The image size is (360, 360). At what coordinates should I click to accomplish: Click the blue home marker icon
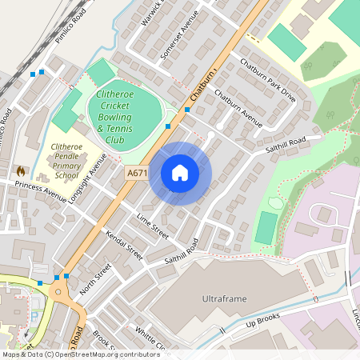pyautogui.click(x=180, y=173)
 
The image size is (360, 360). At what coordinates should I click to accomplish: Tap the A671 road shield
pyautogui.click(x=136, y=172)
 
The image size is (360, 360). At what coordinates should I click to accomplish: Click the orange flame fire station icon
pyautogui.click(x=21, y=170)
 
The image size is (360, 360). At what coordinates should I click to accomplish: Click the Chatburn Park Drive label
pyautogui.click(x=267, y=81)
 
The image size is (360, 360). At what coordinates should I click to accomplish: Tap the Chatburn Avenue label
pyautogui.click(x=238, y=108)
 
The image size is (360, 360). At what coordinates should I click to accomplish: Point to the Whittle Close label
pyautogui.click(x=150, y=339)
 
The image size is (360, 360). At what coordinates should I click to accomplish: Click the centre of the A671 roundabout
pyautogui.click(x=61, y=291)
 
